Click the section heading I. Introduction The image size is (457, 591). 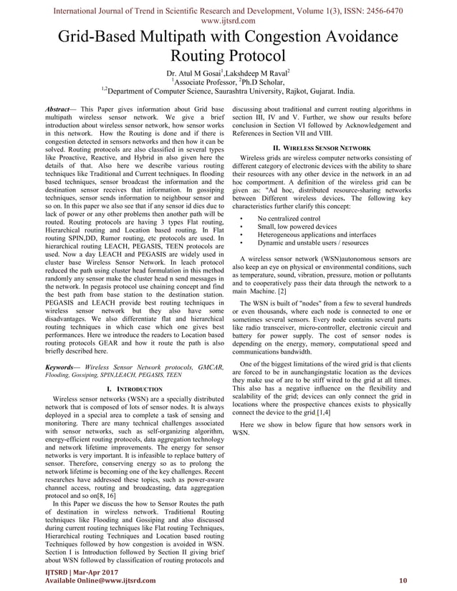pos(133,388)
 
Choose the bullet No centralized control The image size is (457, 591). pos(289,218)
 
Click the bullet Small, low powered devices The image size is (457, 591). pos(297,226)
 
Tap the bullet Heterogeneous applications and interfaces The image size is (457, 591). pos(317,235)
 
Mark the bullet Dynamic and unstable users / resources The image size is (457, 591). pos(314,243)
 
